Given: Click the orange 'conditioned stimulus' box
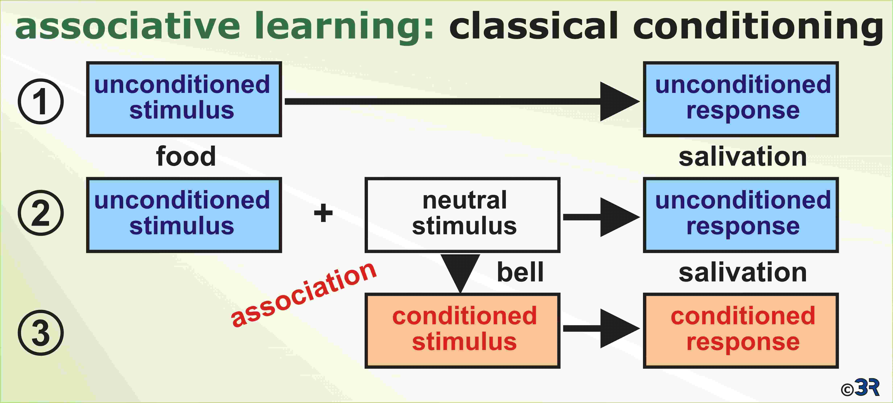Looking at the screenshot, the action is [x=462, y=331].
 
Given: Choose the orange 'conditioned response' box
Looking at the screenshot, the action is [x=741, y=331].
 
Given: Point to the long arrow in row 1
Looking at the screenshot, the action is [x=462, y=101].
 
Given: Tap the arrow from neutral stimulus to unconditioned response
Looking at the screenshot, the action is [x=601, y=217].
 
